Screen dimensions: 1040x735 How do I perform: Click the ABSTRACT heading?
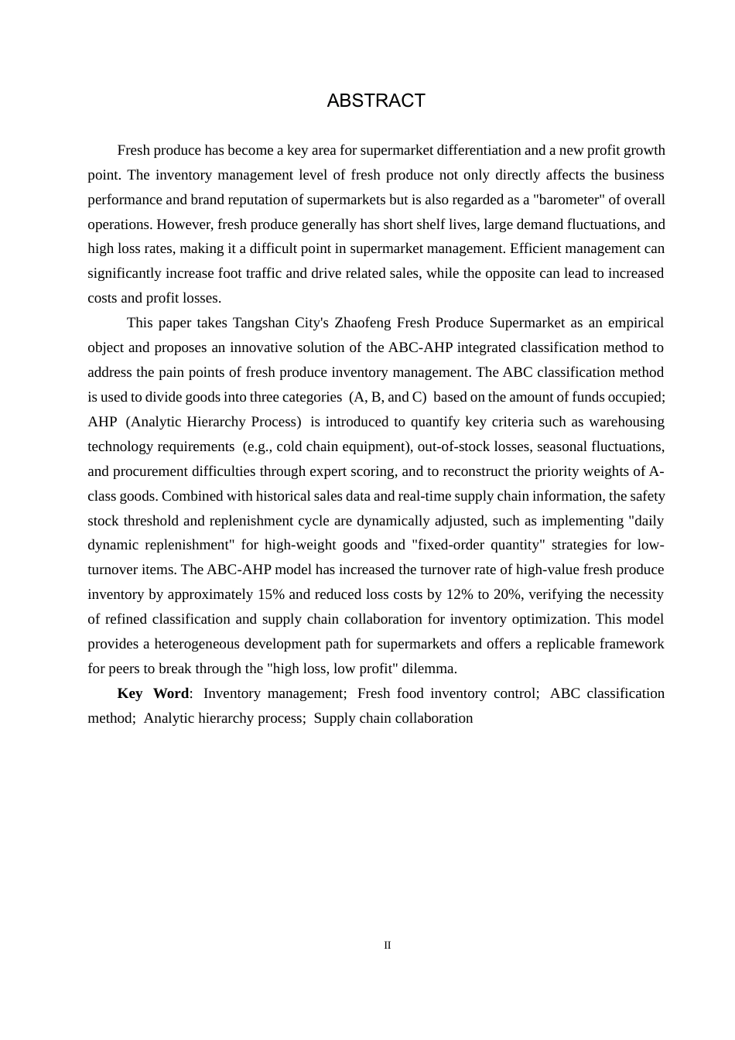point(376,101)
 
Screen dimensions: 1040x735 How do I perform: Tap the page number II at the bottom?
point(388,945)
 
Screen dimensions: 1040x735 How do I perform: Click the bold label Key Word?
point(153,693)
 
